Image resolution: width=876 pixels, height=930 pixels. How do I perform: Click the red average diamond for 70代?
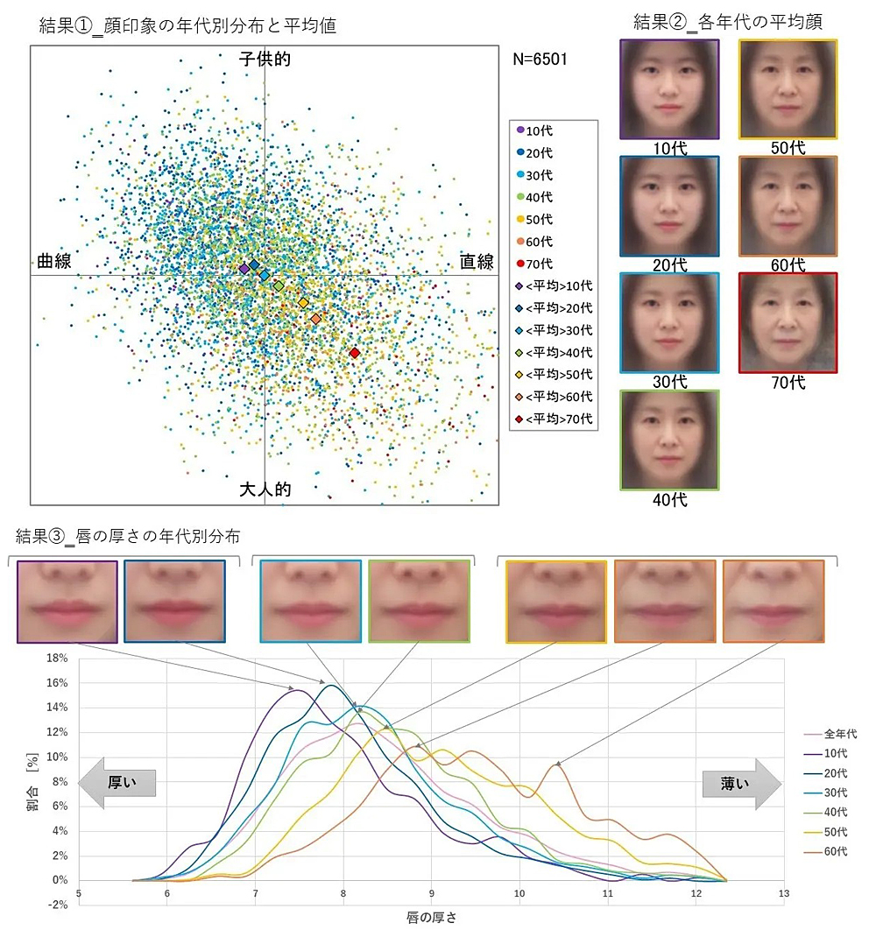tap(354, 353)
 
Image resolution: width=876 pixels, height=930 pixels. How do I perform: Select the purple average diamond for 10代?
tap(244, 269)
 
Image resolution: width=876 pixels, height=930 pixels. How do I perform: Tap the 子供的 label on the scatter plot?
tap(265, 60)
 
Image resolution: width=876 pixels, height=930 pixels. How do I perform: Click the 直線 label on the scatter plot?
tap(477, 262)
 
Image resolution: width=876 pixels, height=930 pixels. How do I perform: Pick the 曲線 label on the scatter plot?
tap(53, 262)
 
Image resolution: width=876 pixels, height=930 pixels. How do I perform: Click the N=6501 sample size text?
tap(540, 60)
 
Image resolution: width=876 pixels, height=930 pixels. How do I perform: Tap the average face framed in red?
tap(788, 322)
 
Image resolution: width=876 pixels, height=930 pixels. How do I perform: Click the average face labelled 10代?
tap(669, 88)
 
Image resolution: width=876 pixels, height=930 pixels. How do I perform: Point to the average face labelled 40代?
tap(669, 440)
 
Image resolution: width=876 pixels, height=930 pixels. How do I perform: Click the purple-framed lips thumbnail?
tap(67, 602)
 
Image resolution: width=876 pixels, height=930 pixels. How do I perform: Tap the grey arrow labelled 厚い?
tap(117, 783)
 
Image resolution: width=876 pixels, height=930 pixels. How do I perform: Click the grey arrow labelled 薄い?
tap(740, 783)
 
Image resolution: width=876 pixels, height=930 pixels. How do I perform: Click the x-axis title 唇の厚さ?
tap(430, 917)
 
